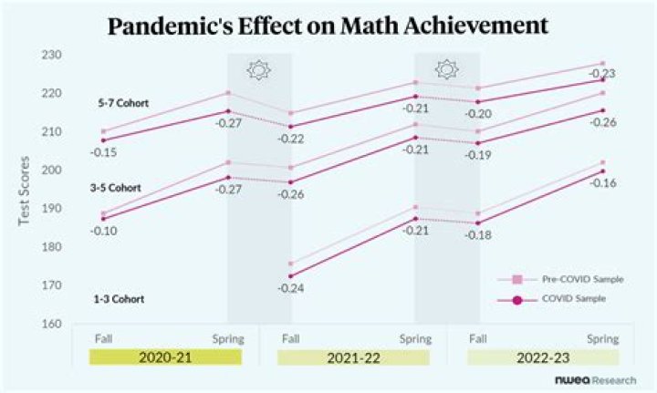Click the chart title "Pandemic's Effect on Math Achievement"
coord(328,26)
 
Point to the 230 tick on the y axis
coord(51,55)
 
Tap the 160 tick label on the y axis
coord(51,324)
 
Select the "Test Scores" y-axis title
coord(25,191)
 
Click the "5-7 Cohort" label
coord(123,103)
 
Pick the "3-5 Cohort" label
coord(116,188)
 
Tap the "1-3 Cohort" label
coord(119,299)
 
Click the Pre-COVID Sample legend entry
coord(560,279)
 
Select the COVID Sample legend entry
coord(551,299)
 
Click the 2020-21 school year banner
coord(165,357)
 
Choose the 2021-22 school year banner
coord(354,357)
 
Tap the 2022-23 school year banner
coord(543,357)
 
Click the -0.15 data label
coord(103,152)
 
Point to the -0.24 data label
coord(291,288)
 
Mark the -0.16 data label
coord(603,183)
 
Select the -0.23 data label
coord(602,74)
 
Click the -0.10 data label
coord(103,231)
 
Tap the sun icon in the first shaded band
coord(259,70)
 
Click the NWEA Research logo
coord(595,380)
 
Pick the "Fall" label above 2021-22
coord(291,338)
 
